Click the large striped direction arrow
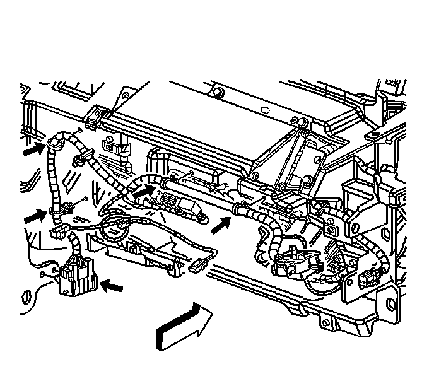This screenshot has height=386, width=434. pos(183,325)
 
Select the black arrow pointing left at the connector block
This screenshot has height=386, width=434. pos(112,286)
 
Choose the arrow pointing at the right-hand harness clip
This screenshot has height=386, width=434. pos(219,221)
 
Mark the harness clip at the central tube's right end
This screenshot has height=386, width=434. pos(238,208)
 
